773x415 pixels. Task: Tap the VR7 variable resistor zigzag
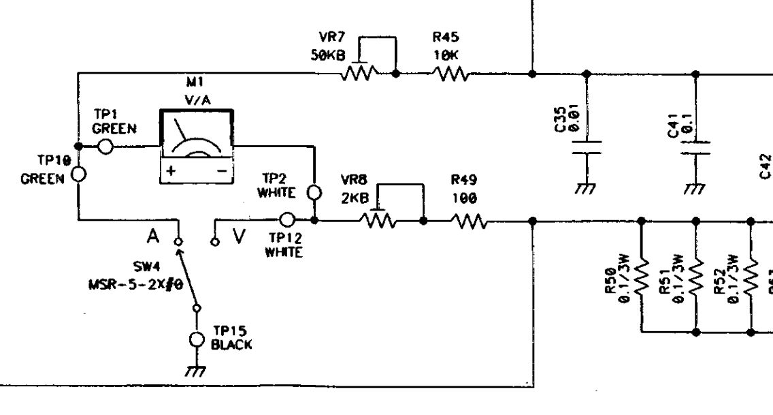[x=359, y=72]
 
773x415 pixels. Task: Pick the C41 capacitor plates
[x=695, y=148]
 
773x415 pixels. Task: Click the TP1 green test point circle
[x=105, y=147]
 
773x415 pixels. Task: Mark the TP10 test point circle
[x=78, y=174]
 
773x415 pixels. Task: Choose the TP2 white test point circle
[x=314, y=191]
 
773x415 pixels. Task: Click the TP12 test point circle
[x=288, y=219]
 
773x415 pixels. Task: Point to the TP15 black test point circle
[x=197, y=339]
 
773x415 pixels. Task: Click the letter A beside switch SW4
[x=155, y=236]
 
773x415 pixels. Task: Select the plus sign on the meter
[x=171, y=172]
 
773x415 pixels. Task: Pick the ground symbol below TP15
[x=197, y=371]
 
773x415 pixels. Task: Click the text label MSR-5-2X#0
[x=135, y=284]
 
